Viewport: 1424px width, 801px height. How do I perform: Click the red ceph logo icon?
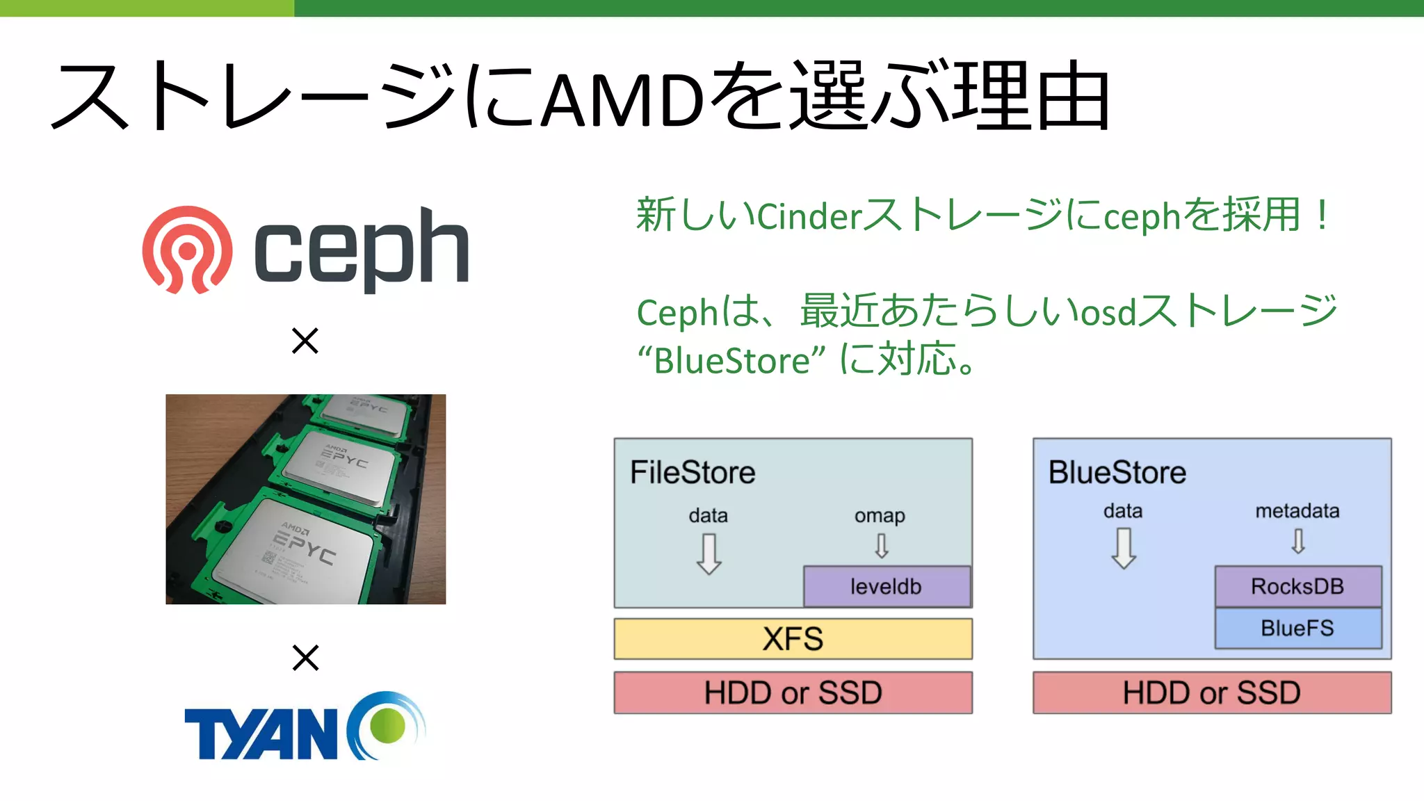click(x=187, y=250)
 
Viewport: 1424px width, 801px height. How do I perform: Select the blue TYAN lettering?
click(x=261, y=734)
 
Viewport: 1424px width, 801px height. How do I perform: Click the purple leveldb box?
click(x=886, y=586)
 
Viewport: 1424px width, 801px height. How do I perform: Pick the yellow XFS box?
click(x=793, y=638)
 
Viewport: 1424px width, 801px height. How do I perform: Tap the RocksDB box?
click(x=1297, y=586)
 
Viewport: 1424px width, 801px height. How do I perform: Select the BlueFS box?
click(x=1297, y=628)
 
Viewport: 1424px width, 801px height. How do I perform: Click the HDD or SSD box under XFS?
click(x=793, y=693)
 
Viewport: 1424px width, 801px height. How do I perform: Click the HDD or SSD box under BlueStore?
click(x=1212, y=693)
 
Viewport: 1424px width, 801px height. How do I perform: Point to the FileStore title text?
click(x=693, y=473)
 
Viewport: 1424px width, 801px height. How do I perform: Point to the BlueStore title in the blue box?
click(x=1117, y=473)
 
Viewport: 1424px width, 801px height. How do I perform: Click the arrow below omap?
click(x=881, y=546)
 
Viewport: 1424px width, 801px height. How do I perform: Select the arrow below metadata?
click(x=1297, y=541)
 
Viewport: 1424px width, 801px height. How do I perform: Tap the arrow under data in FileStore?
click(x=709, y=553)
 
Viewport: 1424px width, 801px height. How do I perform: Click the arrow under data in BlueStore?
click(x=1123, y=549)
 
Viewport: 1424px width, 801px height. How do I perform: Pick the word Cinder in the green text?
click(x=809, y=216)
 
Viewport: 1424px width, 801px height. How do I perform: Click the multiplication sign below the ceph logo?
click(x=305, y=341)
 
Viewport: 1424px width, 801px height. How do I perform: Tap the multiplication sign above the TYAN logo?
click(x=305, y=657)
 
